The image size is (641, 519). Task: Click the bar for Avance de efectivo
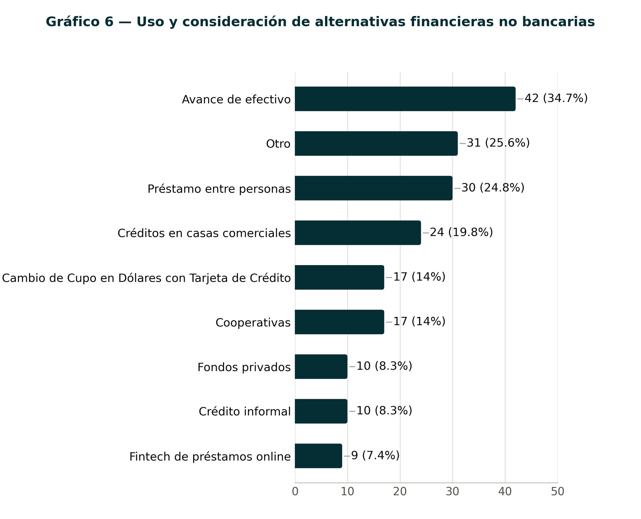point(405,99)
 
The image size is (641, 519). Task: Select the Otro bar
point(376,144)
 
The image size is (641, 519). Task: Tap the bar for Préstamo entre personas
point(374,188)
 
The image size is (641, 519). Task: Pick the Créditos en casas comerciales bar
point(358,233)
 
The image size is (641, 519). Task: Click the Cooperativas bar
point(339,322)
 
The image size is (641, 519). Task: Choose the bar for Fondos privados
point(321,367)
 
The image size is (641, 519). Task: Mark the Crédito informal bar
point(321,411)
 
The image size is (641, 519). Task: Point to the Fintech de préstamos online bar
point(318,456)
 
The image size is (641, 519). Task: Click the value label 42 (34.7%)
point(556,98)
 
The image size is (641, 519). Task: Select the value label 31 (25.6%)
point(498,143)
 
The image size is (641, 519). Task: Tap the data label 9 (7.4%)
point(375,455)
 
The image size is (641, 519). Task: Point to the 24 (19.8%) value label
point(461,232)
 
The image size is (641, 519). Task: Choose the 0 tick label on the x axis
point(295,492)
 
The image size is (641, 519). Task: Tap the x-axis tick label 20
point(400,492)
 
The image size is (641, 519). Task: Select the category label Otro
point(278,144)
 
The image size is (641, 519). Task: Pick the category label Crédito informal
point(245,411)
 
